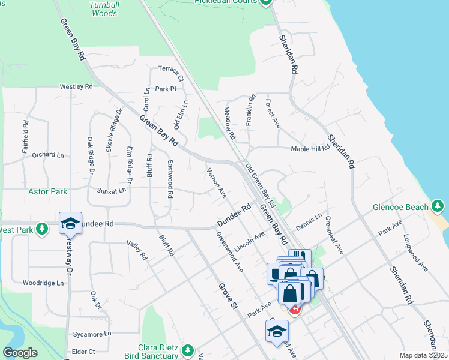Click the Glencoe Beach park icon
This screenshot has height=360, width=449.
point(439,207)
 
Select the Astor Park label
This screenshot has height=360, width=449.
point(47,191)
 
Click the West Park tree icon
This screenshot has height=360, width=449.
point(41,229)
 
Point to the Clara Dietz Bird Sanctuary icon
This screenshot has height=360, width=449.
point(188,350)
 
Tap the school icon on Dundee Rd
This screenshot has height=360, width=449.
point(70,223)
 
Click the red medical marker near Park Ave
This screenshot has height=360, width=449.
point(295,310)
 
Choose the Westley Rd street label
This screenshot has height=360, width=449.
point(76,86)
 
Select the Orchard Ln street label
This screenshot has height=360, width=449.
point(47,154)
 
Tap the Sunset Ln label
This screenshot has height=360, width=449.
point(112,190)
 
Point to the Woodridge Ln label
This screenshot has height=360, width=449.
point(43,283)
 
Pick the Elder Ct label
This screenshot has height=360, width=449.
point(83,351)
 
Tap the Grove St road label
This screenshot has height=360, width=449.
point(228,296)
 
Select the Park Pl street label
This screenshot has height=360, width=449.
point(164,89)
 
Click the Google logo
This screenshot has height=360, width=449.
point(20,353)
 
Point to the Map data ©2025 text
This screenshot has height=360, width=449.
point(423,355)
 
